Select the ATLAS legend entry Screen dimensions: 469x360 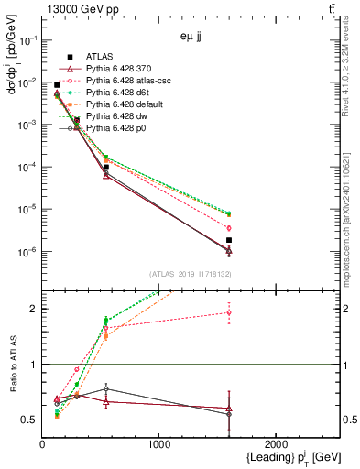click(x=100, y=57)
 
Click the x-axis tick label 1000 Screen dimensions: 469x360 click(x=159, y=443)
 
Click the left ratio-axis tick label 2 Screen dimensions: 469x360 click(x=34, y=309)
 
